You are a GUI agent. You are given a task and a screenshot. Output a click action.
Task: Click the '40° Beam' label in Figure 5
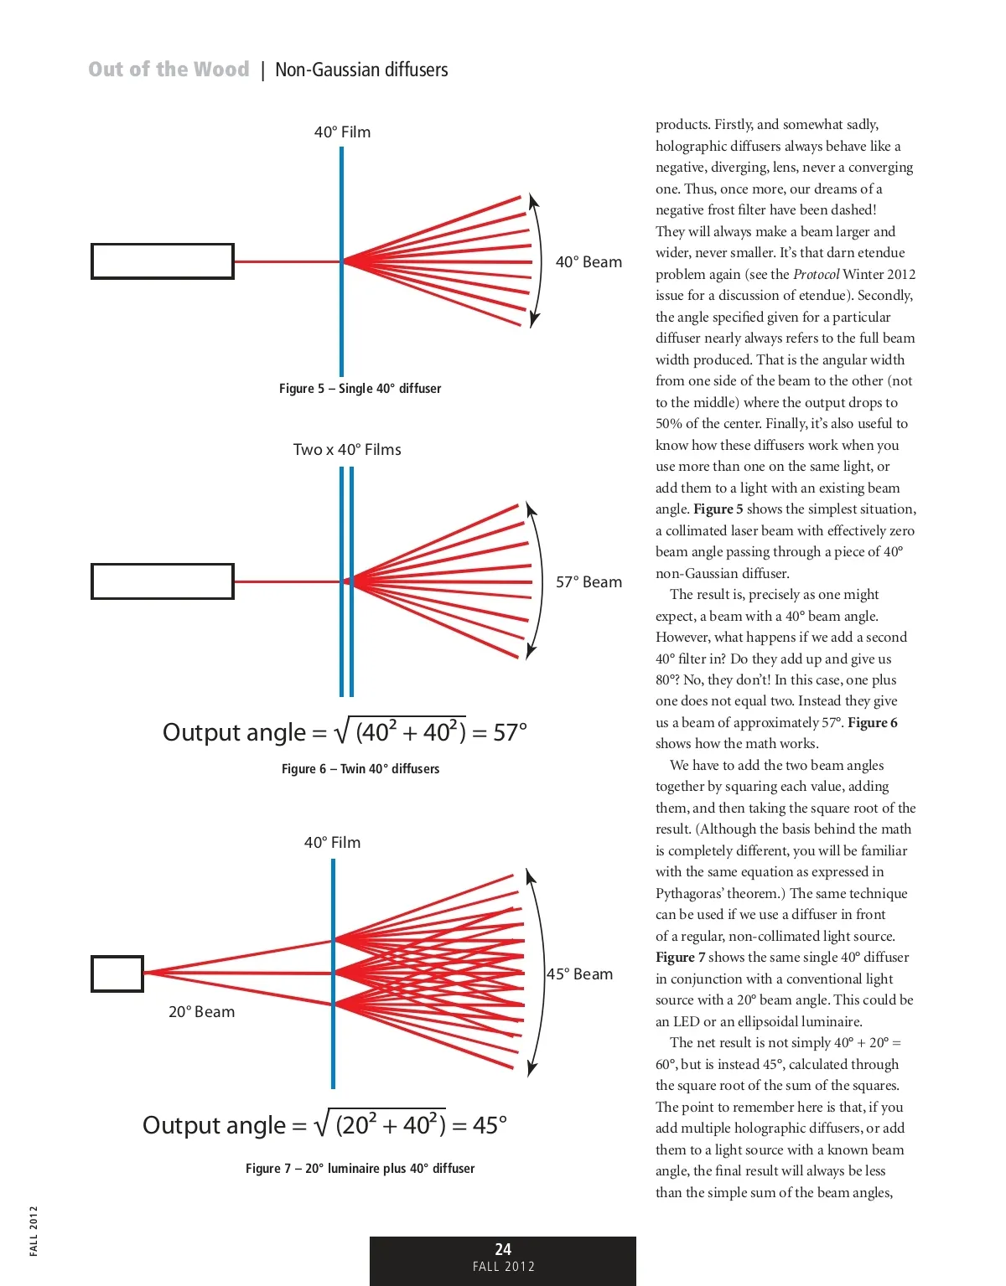click(589, 262)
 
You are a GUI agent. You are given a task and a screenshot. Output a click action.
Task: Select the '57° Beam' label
click(589, 582)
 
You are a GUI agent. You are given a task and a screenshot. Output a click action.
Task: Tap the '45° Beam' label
click(579, 974)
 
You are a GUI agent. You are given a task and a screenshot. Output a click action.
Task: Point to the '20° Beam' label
click(201, 1012)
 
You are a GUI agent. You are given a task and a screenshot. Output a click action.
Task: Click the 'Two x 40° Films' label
click(347, 450)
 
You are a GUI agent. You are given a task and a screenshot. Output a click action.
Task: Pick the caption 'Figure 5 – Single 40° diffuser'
click(360, 389)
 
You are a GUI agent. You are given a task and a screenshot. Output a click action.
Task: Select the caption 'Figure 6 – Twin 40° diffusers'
click(360, 769)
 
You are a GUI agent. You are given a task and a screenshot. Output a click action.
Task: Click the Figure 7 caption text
click(360, 1169)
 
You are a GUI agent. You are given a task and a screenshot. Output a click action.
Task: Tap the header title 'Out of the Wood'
click(169, 70)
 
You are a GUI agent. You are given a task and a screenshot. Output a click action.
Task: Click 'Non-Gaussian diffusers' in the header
click(361, 70)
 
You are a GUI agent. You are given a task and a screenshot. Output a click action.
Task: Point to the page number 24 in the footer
click(503, 1249)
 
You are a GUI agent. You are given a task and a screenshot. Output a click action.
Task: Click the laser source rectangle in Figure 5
click(162, 261)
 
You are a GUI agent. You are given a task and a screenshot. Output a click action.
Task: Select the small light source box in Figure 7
click(117, 974)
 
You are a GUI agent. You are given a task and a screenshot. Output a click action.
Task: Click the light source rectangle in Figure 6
click(162, 581)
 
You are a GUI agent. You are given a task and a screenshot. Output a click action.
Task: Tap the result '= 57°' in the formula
click(500, 733)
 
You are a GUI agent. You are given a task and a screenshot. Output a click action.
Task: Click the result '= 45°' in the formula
click(480, 1125)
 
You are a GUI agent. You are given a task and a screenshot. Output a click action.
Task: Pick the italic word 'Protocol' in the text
click(816, 274)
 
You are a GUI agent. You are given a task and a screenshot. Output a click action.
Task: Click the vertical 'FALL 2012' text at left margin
click(34, 1231)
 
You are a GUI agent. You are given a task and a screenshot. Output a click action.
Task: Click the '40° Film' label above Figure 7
click(332, 843)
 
